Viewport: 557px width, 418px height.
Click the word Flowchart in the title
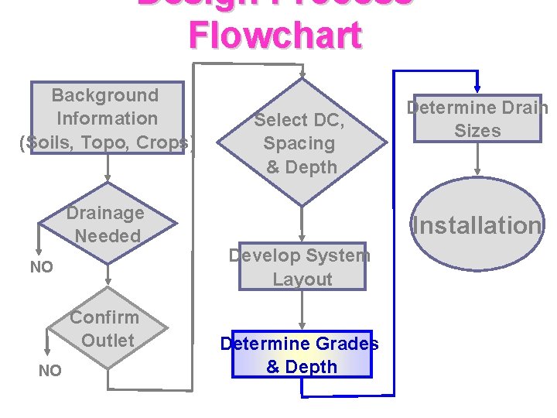click(275, 35)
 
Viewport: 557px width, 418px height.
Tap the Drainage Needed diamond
click(105, 224)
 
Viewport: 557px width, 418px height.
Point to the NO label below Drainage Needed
click(41, 267)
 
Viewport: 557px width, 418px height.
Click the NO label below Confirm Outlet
click(50, 371)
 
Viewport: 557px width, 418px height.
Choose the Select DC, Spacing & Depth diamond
click(301, 143)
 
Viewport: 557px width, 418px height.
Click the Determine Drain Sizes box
click(477, 118)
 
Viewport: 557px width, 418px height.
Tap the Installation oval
click(477, 225)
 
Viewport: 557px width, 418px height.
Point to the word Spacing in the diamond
click(299, 143)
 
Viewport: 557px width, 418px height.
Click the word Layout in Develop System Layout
click(302, 279)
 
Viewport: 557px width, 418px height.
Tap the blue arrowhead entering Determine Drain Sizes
click(477, 87)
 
